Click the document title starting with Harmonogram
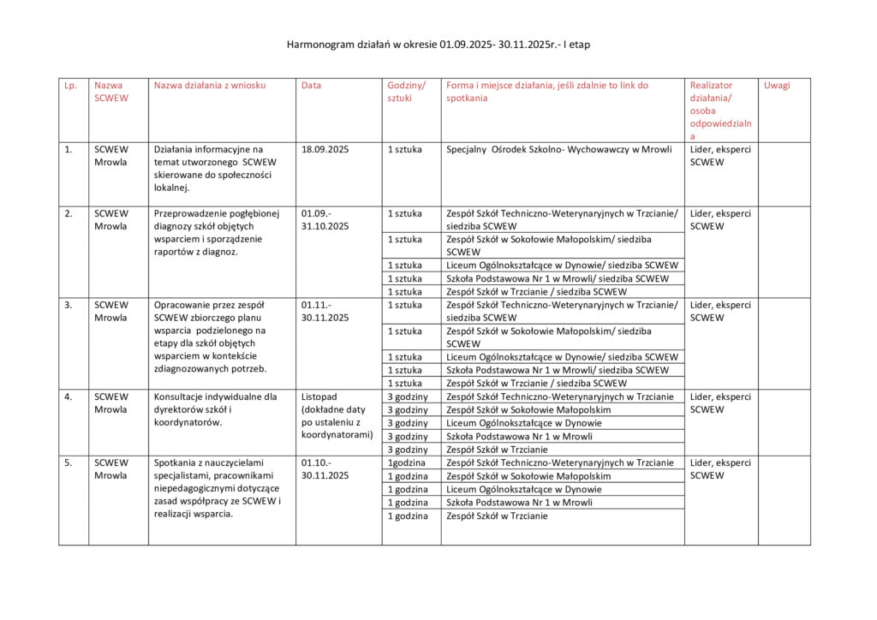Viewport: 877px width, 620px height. pos(438,44)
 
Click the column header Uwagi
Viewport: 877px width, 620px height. pos(777,86)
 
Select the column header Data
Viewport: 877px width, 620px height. pos(311,86)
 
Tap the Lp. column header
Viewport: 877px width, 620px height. pos(70,86)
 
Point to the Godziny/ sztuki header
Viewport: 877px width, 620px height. pos(406,92)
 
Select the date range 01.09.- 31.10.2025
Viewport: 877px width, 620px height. pos(325,220)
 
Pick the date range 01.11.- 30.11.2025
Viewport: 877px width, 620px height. pos(325,311)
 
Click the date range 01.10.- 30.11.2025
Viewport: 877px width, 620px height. pos(325,469)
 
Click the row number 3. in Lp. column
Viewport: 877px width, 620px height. pos(69,305)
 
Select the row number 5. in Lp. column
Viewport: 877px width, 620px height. pos(69,463)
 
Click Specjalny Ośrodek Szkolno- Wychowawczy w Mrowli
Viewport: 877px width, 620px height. pos(559,150)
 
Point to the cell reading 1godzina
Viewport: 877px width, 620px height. pos(408,463)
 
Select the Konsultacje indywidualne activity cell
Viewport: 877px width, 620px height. pos(215,409)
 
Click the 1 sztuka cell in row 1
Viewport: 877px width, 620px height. pos(404,150)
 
